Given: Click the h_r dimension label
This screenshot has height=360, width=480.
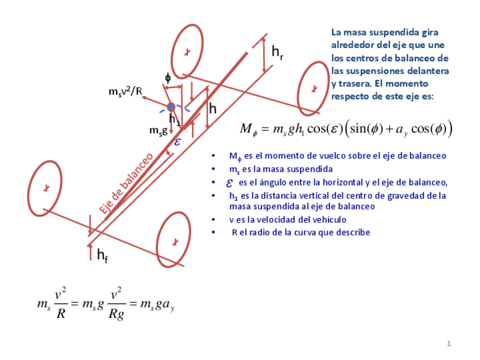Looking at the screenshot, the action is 277,53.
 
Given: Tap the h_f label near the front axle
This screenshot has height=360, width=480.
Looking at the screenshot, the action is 102,256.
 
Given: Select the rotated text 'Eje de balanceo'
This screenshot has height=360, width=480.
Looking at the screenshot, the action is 126,183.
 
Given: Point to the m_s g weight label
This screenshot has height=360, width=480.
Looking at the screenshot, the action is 158,130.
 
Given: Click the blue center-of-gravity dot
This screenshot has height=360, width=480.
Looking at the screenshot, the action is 171,106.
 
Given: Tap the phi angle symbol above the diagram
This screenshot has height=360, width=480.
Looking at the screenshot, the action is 168,78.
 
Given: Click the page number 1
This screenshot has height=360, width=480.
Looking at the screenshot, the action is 449,343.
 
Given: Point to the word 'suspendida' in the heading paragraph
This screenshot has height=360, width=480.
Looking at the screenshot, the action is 387,33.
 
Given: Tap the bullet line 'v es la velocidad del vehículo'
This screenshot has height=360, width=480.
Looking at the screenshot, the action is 288,220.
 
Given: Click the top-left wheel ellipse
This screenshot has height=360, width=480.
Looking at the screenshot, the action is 187,52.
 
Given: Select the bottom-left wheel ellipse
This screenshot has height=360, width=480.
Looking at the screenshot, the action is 45,187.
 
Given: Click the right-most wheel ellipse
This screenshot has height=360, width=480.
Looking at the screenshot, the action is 313,88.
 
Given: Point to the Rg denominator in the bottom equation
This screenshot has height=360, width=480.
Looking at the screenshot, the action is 116,315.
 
